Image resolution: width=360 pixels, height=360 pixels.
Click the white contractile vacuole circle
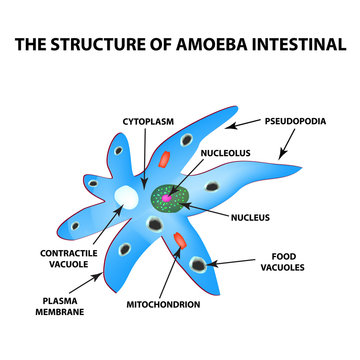128,198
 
